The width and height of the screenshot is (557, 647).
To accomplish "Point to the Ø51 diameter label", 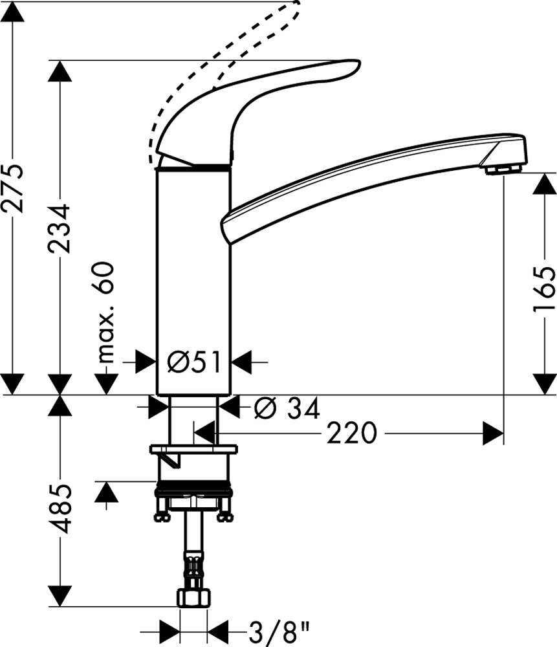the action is pyautogui.click(x=193, y=362).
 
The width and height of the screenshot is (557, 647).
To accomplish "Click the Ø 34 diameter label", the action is pyautogui.click(x=287, y=408).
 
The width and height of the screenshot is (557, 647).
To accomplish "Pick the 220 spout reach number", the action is pyautogui.click(x=352, y=433).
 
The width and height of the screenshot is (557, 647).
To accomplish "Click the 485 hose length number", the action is pyautogui.click(x=60, y=509).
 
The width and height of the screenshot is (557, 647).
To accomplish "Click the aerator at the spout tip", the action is pyautogui.click(x=503, y=169).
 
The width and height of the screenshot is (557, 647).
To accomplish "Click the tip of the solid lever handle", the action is pyautogui.click(x=360, y=64).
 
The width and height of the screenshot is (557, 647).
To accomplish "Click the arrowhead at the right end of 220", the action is pyautogui.click(x=493, y=433).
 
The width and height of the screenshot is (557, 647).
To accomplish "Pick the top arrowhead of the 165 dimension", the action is pyautogui.click(x=545, y=184).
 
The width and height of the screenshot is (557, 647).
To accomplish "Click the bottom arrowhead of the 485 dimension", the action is pyautogui.click(x=60, y=597).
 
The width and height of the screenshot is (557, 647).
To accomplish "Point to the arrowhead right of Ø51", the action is pyautogui.click(x=241, y=362).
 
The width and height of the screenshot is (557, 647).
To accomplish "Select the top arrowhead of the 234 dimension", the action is pyautogui.click(x=60, y=71).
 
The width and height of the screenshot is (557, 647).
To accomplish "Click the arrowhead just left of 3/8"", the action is pyautogui.click(x=169, y=631).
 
